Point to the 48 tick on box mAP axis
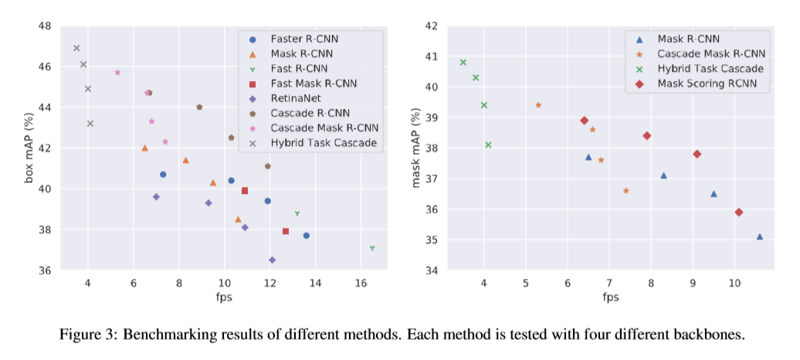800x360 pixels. [x=44, y=26]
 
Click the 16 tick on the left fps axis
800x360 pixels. [x=361, y=284]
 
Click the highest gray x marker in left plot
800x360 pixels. [x=76, y=48]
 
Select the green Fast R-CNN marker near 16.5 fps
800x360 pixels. [x=372, y=248]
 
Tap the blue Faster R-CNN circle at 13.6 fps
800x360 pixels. [x=307, y=236]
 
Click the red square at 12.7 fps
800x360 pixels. [x=286, y=231]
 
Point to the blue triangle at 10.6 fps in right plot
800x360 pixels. [x=760, y=237]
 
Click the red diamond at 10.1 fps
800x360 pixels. [x=739, y=212]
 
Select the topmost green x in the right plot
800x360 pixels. [x=463, y=63]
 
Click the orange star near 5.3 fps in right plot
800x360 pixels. [x=538, y=105]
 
